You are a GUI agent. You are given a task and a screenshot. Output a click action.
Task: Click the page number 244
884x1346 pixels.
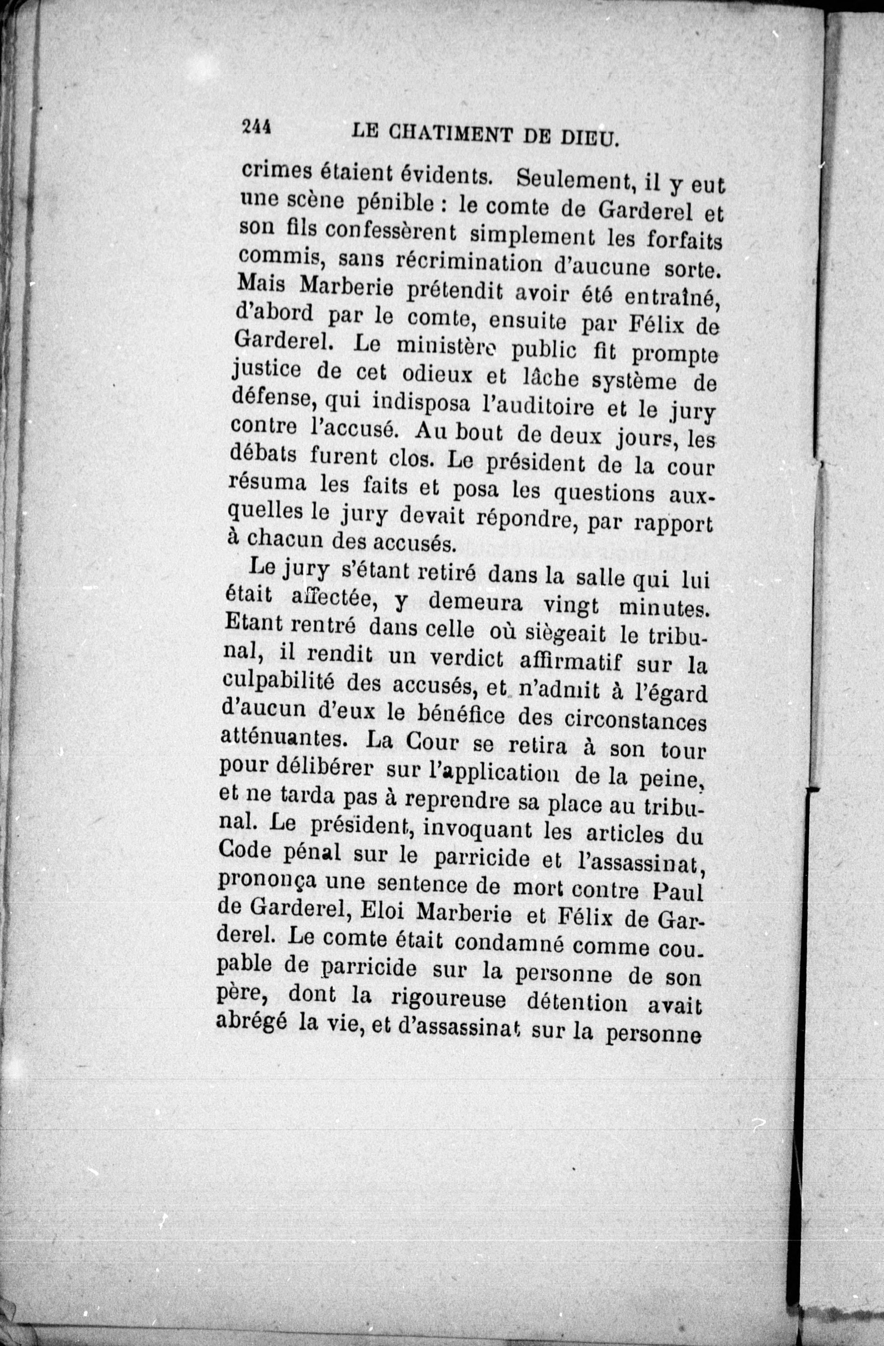(257, 127)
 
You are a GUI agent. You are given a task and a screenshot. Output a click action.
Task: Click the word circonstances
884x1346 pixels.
(636, 722)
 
